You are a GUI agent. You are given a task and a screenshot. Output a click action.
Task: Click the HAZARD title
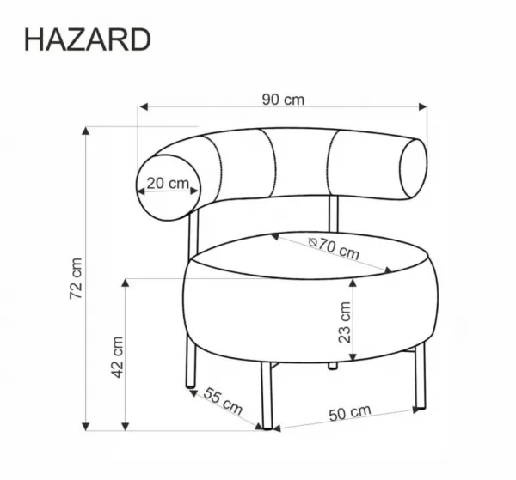tap(88, 39)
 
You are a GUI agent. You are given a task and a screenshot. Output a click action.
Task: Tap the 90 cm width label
tap(283, 100)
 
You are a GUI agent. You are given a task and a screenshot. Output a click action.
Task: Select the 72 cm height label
tap(76, 278)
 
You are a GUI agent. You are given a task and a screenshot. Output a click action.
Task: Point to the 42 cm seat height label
tap(118, 357)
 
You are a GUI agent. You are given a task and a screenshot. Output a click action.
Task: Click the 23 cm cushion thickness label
tap(345, 322)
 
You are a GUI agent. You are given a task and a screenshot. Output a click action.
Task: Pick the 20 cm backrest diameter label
tap(168, 183)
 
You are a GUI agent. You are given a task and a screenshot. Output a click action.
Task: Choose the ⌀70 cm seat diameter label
tap(334, 248)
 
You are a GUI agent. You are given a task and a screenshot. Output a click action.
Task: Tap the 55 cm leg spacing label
tap(223, 401)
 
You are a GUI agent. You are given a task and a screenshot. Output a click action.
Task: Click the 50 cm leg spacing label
tap(350, 412)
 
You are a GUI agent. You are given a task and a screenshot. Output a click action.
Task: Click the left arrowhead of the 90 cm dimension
tap(143, 106)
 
